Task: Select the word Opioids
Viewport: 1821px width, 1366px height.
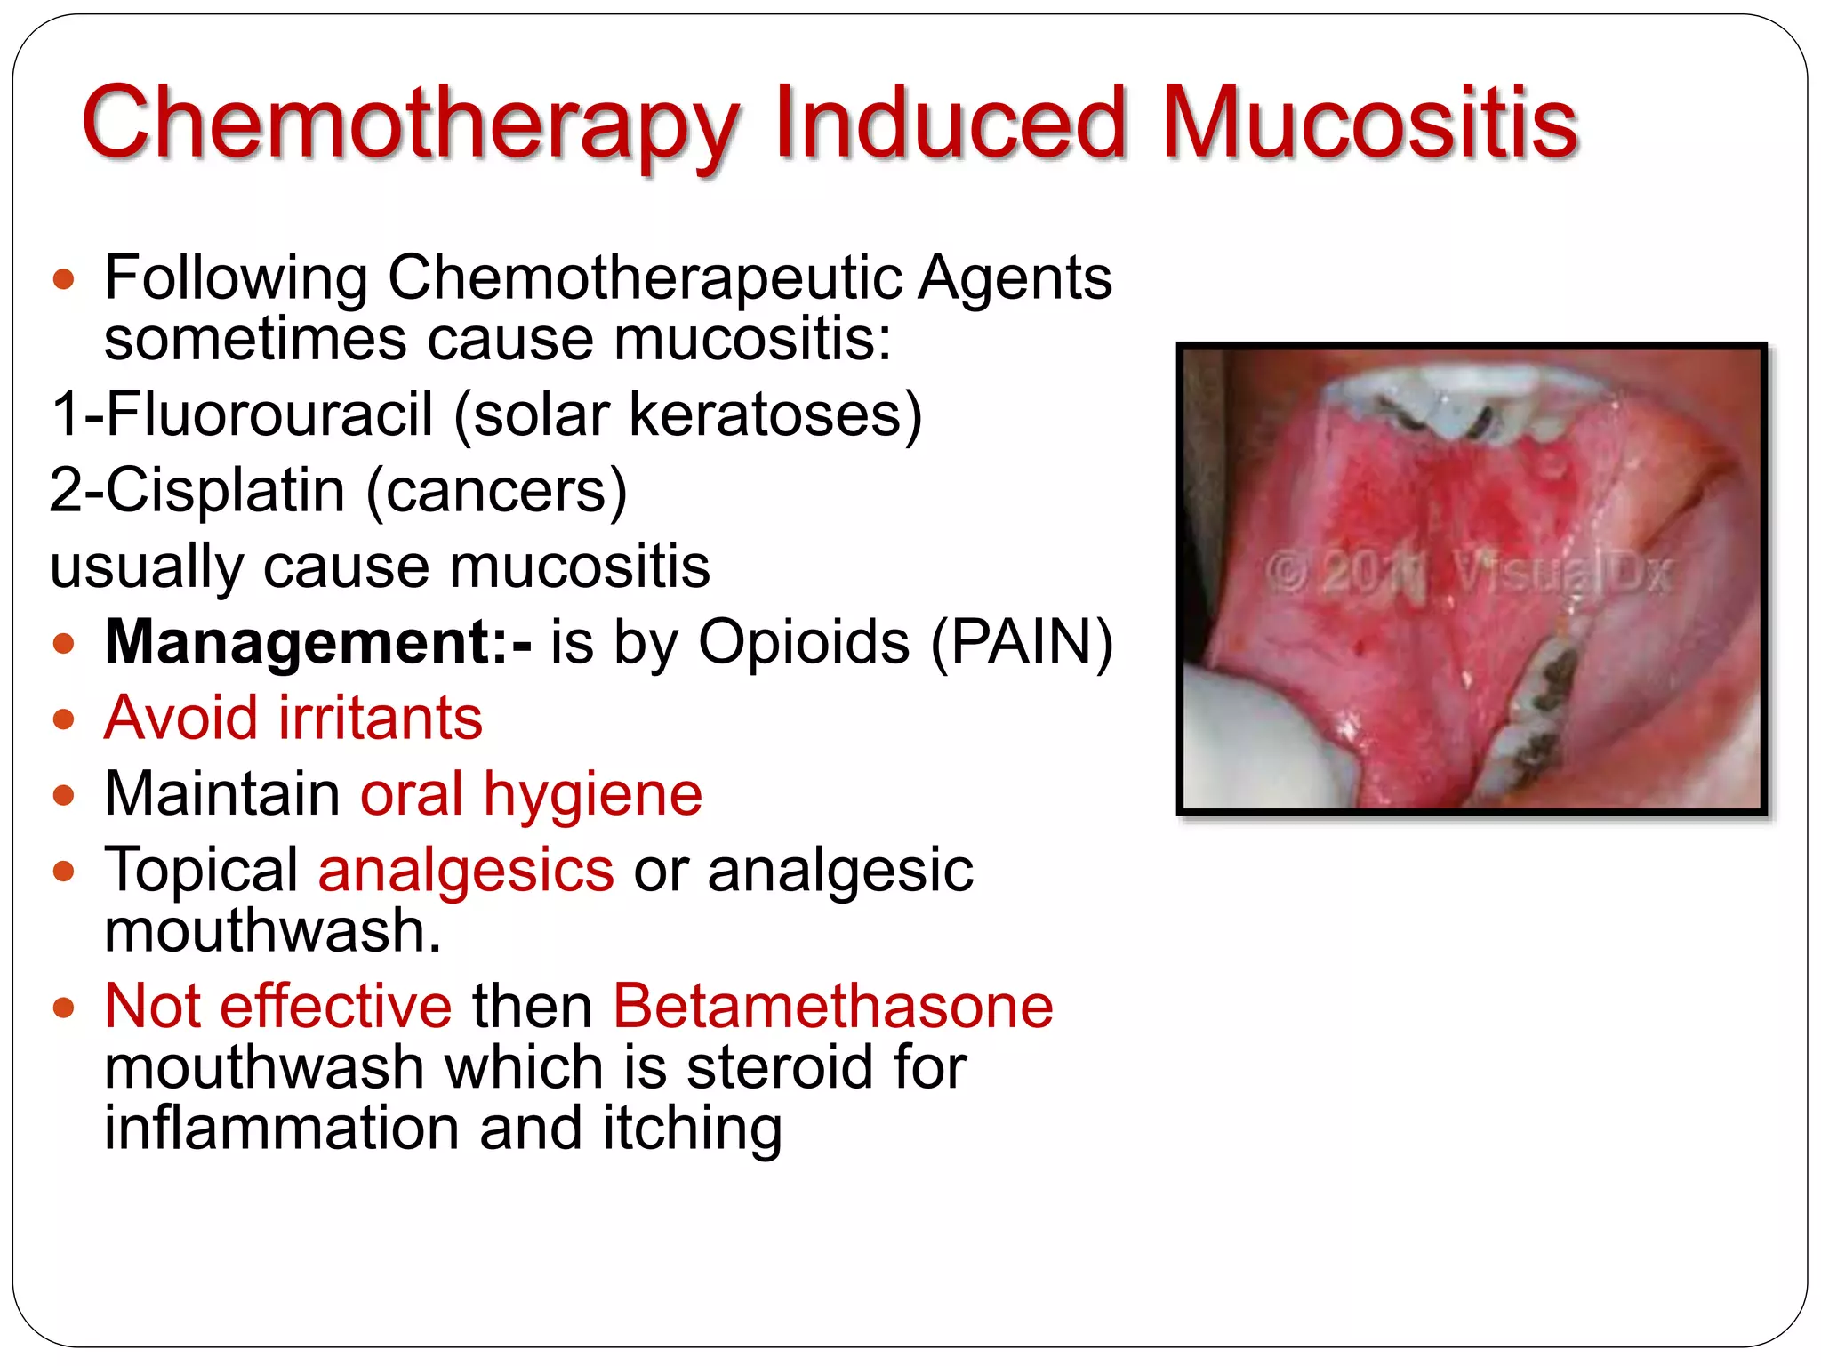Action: click(804, 641)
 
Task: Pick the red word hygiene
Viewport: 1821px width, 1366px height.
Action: click(592, 794)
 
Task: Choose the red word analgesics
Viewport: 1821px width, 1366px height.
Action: click(466, 870)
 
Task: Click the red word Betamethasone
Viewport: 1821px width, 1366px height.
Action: click(833, 1007)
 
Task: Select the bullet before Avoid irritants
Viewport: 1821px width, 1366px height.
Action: click(63, 719)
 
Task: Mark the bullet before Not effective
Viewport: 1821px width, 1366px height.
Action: click(63, 1008)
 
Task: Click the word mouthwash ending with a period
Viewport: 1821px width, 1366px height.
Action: click(272, 931)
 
